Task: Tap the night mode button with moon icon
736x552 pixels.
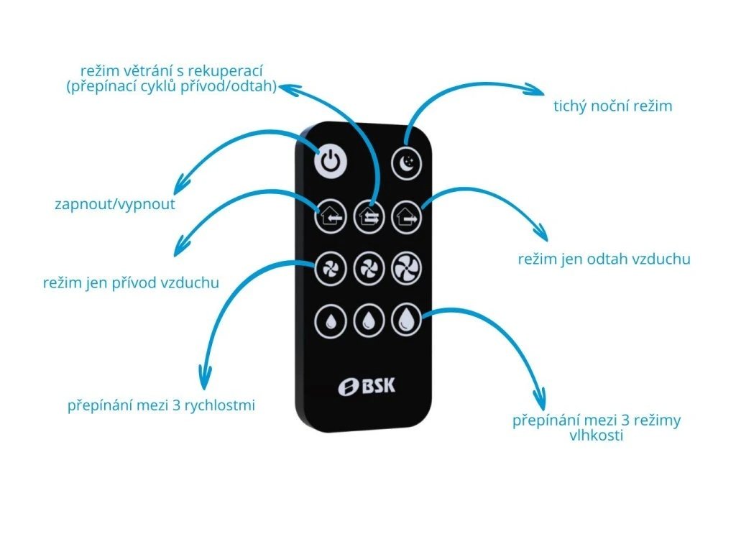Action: tap(406, 164)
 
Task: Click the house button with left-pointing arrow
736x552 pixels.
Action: tap(329, 215)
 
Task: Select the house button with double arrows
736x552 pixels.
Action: tap(369, 215)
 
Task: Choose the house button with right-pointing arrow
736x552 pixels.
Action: tap(406, 215)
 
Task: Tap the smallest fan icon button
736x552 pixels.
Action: tap(329, 269)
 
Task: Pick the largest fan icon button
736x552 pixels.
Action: tap(406, 269)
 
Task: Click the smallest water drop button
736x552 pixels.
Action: tap(329, 321)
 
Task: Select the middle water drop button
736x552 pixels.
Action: tap(369, 321)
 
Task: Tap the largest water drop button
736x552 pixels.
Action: tap(406, 321)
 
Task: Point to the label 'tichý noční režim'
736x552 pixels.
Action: tap(612, 106)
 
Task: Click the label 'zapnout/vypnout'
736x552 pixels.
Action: tap(115, 204)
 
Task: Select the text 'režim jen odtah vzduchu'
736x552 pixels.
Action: tap(604, 259)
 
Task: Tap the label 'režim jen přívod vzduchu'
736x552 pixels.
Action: tap(131, 282)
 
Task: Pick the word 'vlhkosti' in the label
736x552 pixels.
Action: tap(597, 435)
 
